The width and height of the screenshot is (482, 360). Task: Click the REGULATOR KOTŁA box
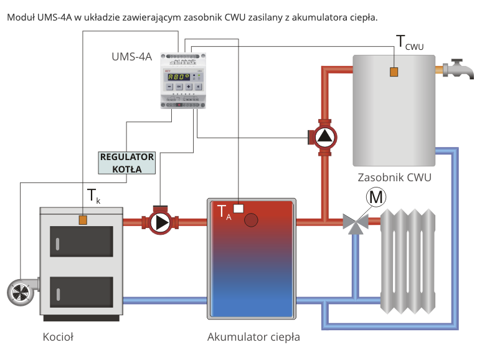[x=127, y=163]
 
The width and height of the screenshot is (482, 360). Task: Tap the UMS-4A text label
[x=132, y=57]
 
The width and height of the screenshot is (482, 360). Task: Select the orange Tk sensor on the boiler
[x=82, y=219]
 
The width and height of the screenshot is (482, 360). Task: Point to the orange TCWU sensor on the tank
[x=394, y=72]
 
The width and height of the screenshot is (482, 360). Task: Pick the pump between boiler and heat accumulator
[x=161, y=222]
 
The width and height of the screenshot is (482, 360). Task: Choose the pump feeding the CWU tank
[x=324, y=137]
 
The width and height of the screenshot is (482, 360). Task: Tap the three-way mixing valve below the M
[x=356, y=222]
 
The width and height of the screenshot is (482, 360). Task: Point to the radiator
[x=408, y=262]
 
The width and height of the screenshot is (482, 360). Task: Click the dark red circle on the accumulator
[x=252, y=220]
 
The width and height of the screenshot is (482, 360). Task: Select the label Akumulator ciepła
[x=253, y=338]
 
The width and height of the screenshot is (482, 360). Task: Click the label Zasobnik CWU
[x=394, y=178]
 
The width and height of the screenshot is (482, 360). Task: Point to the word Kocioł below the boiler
[x=58, y=338]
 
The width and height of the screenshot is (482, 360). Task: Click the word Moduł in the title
[x=20, y=17]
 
